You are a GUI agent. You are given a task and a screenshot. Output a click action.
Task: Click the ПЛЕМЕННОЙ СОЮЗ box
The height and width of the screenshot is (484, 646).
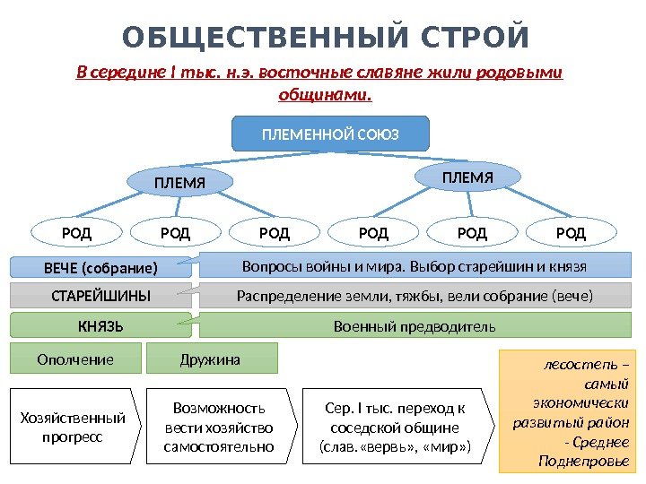pos(331,134)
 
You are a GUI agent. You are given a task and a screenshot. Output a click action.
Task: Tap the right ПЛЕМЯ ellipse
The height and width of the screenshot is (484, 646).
pos(467,177)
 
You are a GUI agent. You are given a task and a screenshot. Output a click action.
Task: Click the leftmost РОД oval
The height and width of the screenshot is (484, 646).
pos(76,234)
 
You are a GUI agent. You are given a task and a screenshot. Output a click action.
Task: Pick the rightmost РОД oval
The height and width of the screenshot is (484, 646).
pos(571,234)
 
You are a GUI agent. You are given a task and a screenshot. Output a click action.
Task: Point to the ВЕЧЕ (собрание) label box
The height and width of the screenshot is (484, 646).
pos(100,268)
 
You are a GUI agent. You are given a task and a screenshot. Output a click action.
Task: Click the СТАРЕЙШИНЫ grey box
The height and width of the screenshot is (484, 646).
pos(100,296)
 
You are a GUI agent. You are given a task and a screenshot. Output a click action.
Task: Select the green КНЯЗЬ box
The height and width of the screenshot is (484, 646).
pos(100,325)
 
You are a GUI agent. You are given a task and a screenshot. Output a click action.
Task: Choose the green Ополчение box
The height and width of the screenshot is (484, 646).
pos(75,359)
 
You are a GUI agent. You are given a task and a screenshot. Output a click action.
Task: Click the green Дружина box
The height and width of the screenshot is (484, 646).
pos(211,359)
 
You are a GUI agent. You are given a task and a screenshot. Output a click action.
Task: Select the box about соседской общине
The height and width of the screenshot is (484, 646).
pos(395,427)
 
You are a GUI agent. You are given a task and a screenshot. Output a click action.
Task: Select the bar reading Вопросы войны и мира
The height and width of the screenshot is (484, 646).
pos(415,266)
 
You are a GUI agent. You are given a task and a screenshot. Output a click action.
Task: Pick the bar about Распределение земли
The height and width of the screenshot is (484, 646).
pos(415,296)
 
